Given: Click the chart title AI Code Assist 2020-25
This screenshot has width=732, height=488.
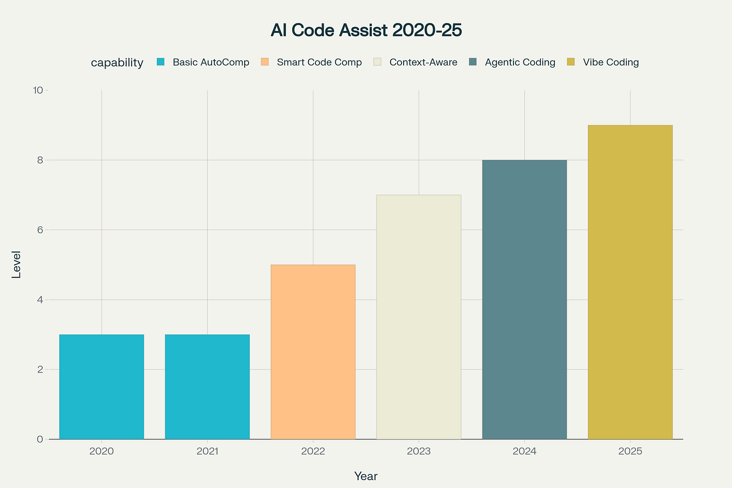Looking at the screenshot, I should (366, 30).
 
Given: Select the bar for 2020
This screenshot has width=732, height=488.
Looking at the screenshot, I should (101, 387).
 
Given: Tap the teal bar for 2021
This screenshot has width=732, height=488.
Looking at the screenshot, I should (207, 387).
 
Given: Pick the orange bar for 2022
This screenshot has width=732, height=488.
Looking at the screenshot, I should (313, 352).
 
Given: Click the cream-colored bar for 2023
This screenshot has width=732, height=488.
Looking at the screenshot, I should (418, 317).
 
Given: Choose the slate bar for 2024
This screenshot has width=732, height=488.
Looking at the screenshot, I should (524, 300).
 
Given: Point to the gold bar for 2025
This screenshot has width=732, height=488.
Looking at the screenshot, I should (630, 282).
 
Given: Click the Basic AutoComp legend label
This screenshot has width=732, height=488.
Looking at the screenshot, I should (211, 62).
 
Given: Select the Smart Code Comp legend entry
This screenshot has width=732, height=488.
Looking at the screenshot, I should (319, 62).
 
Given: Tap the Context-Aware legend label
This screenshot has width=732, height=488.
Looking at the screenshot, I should (423, 62).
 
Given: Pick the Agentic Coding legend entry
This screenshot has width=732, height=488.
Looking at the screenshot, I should (520, 62).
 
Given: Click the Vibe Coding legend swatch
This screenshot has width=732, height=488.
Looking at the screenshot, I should (571, 62).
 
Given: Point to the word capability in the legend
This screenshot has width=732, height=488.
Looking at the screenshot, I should (117, 63).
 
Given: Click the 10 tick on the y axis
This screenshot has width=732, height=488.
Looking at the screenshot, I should (38, 90).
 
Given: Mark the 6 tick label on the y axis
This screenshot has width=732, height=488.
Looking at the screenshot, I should (40, 230).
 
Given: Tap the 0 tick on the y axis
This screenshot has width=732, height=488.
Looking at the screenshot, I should (40, 439).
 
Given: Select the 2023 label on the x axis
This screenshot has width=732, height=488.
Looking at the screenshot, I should (418, 451).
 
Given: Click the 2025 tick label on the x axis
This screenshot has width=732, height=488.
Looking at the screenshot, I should (630, 451).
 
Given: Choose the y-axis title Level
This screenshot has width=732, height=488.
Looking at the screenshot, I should (17, 265).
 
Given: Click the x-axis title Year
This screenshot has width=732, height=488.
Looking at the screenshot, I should (366, 476).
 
